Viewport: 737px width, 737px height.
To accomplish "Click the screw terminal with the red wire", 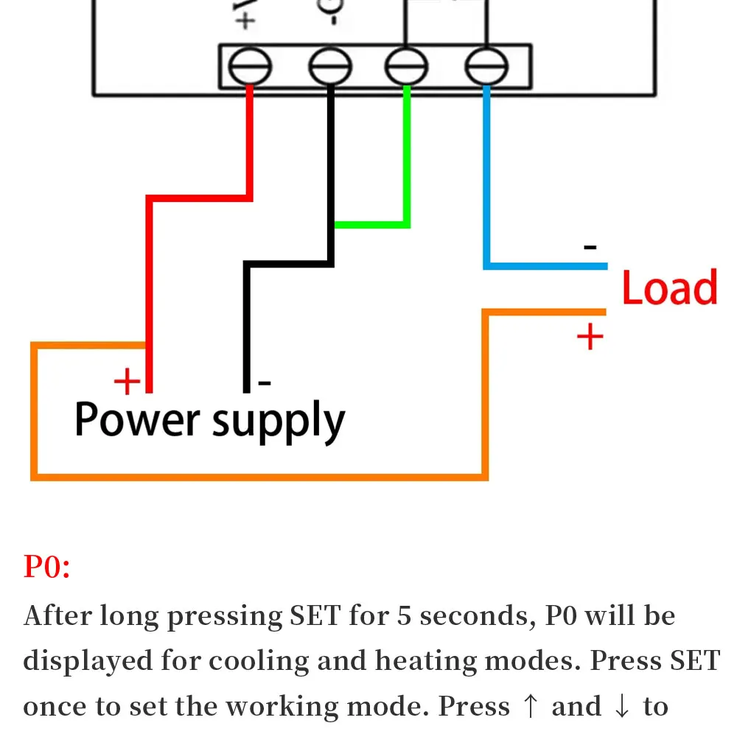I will coord(250,68).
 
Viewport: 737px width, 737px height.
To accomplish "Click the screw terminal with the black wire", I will coord(329,68).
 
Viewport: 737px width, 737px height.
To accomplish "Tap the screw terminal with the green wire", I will coord(406,68).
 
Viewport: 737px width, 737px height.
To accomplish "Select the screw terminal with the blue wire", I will coord(486,68).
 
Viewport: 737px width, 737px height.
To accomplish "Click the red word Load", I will coord(669,287).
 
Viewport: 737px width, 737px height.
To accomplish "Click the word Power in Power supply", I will coord(137,420).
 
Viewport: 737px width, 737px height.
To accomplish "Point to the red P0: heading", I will coord(46,567).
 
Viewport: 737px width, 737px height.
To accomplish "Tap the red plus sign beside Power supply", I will coord(127,382).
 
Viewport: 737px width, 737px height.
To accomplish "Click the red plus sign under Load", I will coord(590,338).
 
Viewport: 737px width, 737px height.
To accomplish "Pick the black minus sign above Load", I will coord(590,248).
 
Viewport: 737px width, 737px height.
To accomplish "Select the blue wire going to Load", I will coord(545,265).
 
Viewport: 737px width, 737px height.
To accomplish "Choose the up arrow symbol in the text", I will coord(530,707).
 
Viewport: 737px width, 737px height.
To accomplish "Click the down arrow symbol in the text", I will coord(621,707).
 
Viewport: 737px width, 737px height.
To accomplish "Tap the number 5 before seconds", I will coord(404,615).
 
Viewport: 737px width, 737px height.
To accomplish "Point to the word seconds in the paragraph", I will coord(477,615).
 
